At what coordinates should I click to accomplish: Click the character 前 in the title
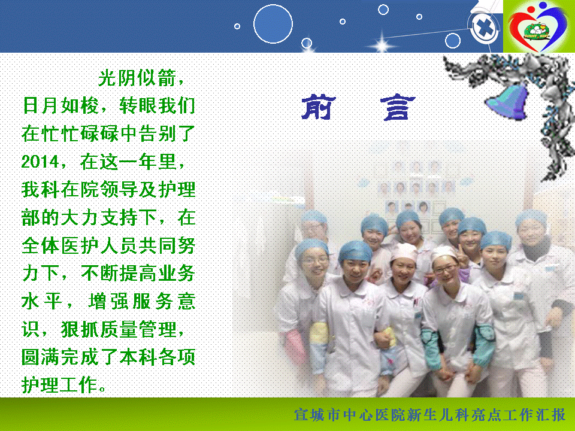(318, 107)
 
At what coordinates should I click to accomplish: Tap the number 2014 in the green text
(40, 162)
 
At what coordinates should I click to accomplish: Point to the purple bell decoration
(507, 101)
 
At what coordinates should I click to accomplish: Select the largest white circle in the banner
(273, 24)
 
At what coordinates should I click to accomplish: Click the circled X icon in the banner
(485, 28)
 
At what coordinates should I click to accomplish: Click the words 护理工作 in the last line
(59, 384)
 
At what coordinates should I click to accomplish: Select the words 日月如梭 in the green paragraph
(60, 105)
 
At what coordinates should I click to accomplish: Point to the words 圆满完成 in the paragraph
(60, 357)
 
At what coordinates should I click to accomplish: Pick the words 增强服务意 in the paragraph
(142, 301)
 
